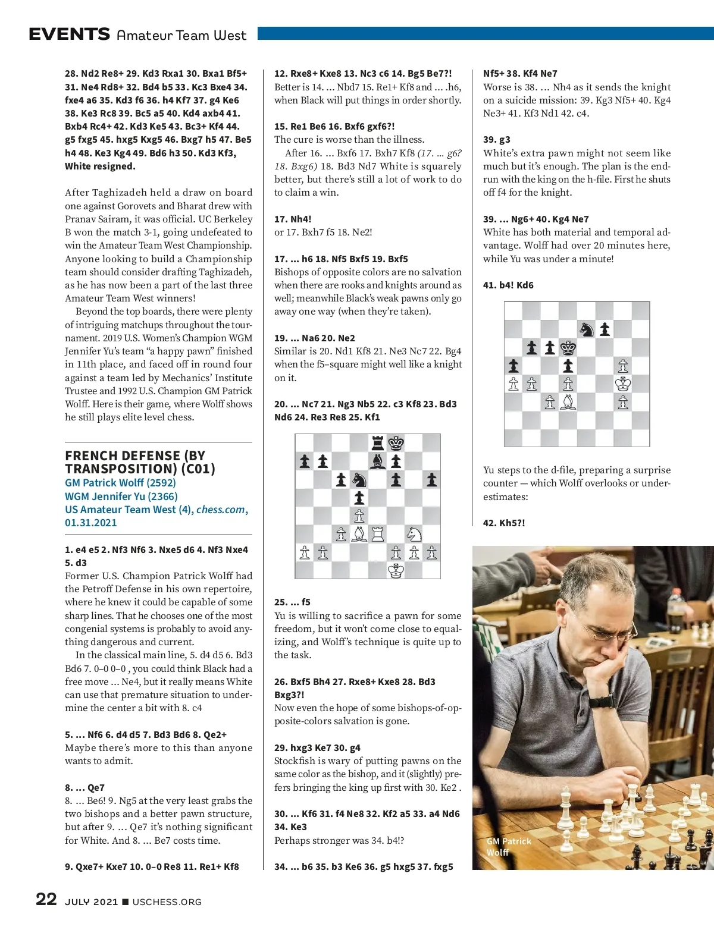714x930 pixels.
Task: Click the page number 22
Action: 46,899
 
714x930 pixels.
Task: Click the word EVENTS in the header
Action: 70,34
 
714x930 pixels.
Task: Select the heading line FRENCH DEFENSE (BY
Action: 135,455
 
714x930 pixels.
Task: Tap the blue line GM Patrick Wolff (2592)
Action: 120,483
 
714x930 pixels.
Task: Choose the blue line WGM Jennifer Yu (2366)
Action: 121,496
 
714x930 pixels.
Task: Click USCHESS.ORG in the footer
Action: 167,902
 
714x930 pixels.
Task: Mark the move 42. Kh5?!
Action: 504,523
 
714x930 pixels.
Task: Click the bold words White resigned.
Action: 100,166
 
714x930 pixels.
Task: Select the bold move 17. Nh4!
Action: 293,219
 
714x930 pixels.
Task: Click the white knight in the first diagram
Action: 414,534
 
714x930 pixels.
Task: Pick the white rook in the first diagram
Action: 378,534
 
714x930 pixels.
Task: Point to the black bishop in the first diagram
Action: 378,461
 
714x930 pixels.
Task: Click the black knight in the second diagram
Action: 587,329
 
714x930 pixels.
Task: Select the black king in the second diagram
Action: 569,347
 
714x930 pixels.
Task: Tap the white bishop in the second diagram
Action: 569,402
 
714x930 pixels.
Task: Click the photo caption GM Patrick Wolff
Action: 509,847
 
